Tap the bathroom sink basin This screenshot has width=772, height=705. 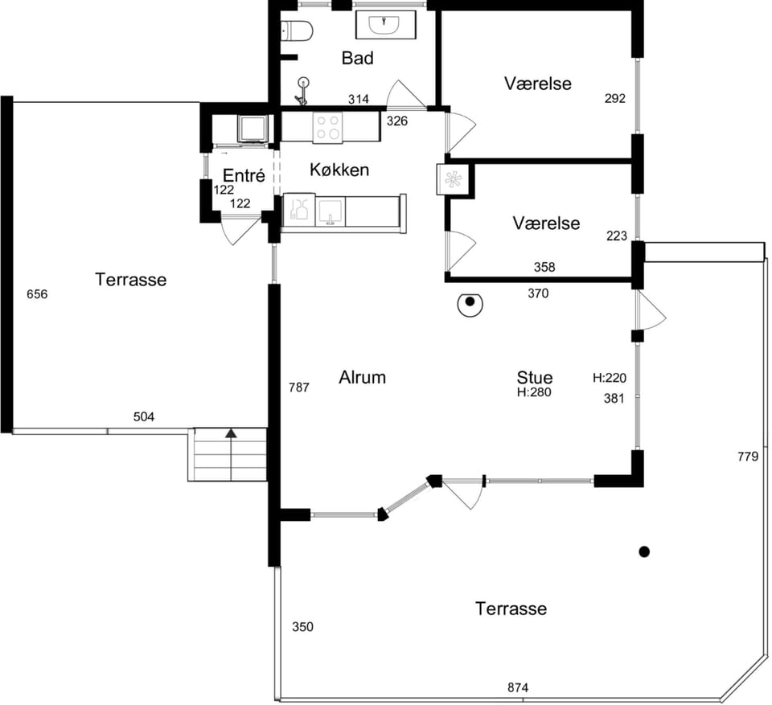[385, 25]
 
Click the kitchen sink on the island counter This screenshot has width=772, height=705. [330, 211]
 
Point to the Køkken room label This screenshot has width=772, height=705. [339, 170]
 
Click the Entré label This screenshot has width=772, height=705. [244, 175]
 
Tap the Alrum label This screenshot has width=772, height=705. [363, 378]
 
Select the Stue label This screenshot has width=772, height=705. [535, 377]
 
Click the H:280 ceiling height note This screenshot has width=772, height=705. [534, 392]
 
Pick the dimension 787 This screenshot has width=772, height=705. [299, 387]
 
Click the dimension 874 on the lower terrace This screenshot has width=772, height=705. [518, 687]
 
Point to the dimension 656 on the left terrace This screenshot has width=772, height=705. [37, 294]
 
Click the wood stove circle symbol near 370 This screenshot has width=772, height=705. [470, 304]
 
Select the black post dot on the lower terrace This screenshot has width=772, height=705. [644, 552]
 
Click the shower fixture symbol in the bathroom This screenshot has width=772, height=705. [303, 91]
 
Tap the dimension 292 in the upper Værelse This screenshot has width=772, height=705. [615, 98]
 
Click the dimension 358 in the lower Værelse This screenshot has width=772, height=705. [544, 267]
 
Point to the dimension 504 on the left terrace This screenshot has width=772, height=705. [144, 417]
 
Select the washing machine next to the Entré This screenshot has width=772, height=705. [253, 129]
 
